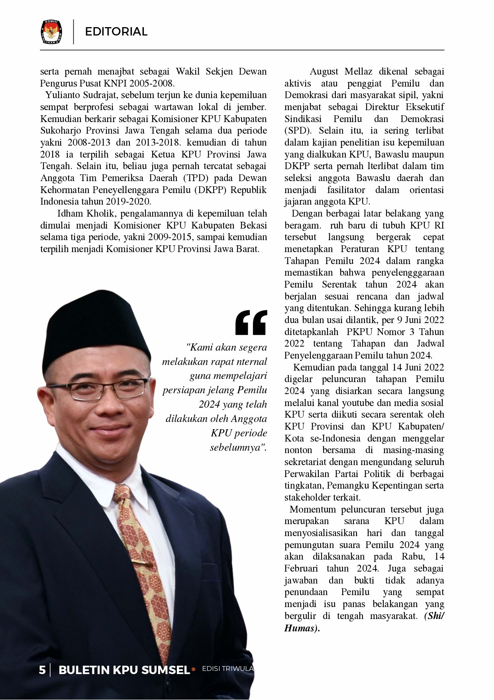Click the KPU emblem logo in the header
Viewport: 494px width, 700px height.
coord(51,32)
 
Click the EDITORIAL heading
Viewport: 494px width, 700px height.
coord(116,32)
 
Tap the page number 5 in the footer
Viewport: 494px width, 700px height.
coord(42,670)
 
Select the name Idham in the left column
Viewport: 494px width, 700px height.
coord(70,213)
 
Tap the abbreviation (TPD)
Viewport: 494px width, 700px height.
coord(196,178)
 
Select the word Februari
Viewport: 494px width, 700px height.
coord(301,568)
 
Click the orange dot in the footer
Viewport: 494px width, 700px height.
coord(194,669)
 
